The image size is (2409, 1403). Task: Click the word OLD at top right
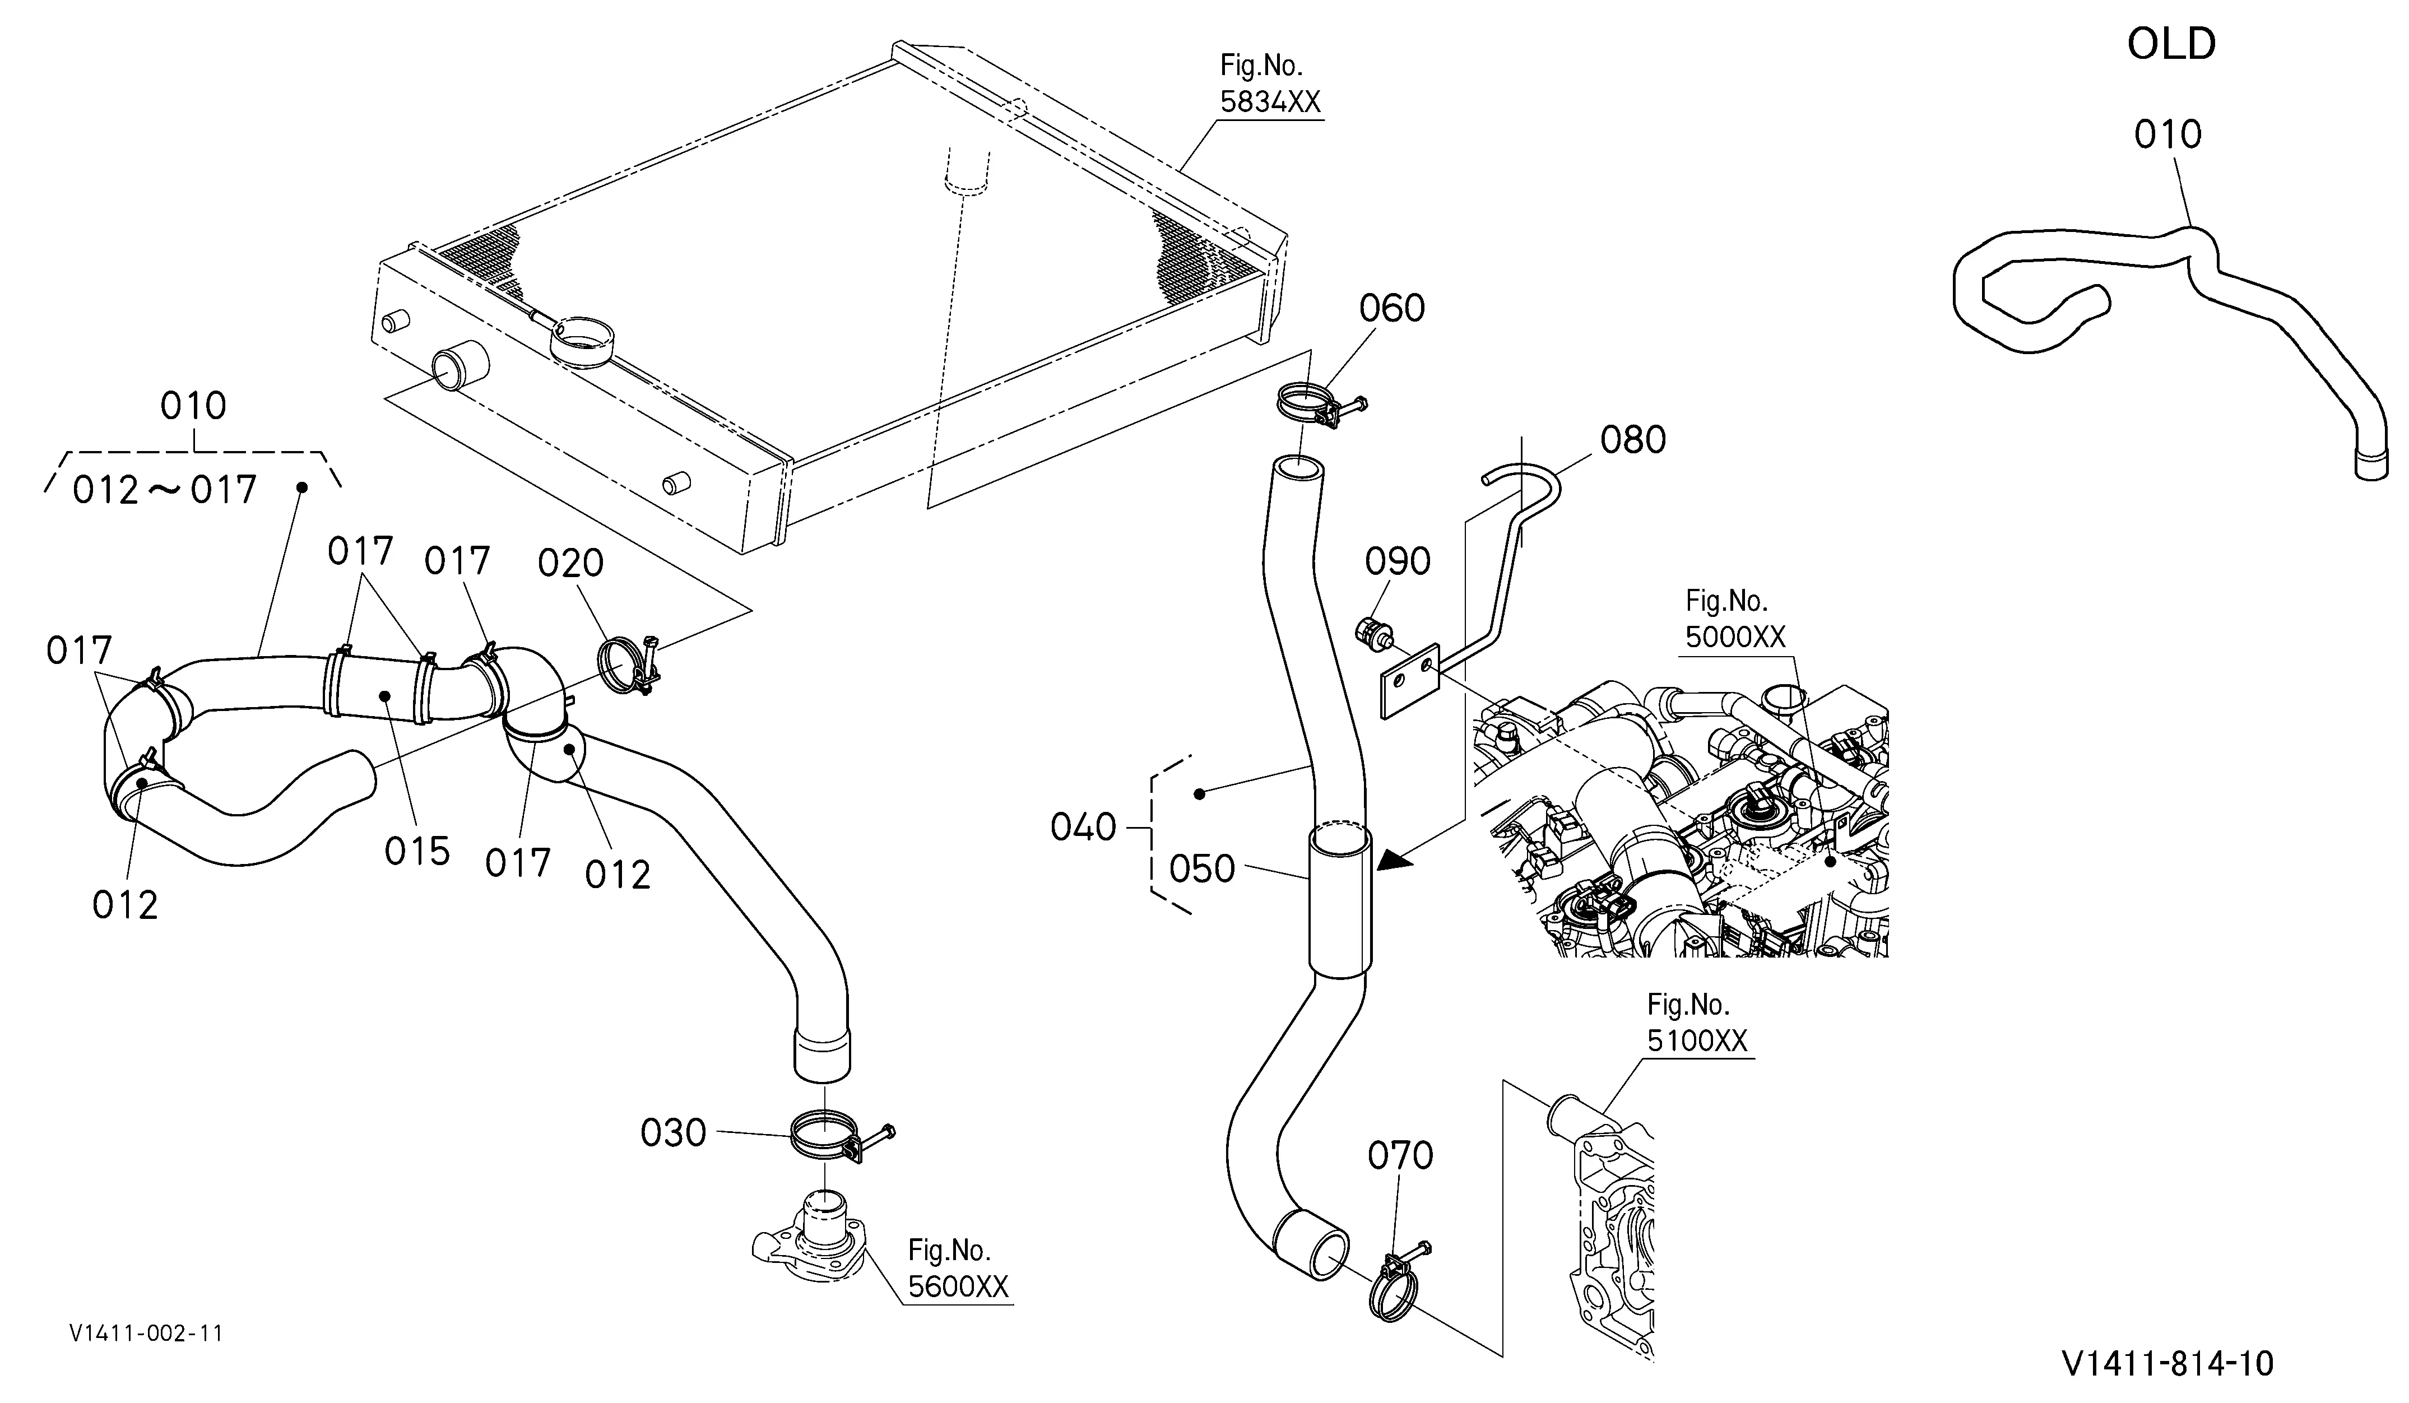click(2171, 44)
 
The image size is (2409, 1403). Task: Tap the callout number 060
click(1392, 309)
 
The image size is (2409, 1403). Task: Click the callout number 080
click(1633, 440)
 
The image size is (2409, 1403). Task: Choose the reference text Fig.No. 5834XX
click(1270, 84)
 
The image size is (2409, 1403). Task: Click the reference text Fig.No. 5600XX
click(958, 1268)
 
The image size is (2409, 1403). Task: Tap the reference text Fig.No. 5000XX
click(1735, 619)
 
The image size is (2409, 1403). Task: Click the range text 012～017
click(164, 490)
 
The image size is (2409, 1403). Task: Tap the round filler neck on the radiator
click(583, 340)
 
